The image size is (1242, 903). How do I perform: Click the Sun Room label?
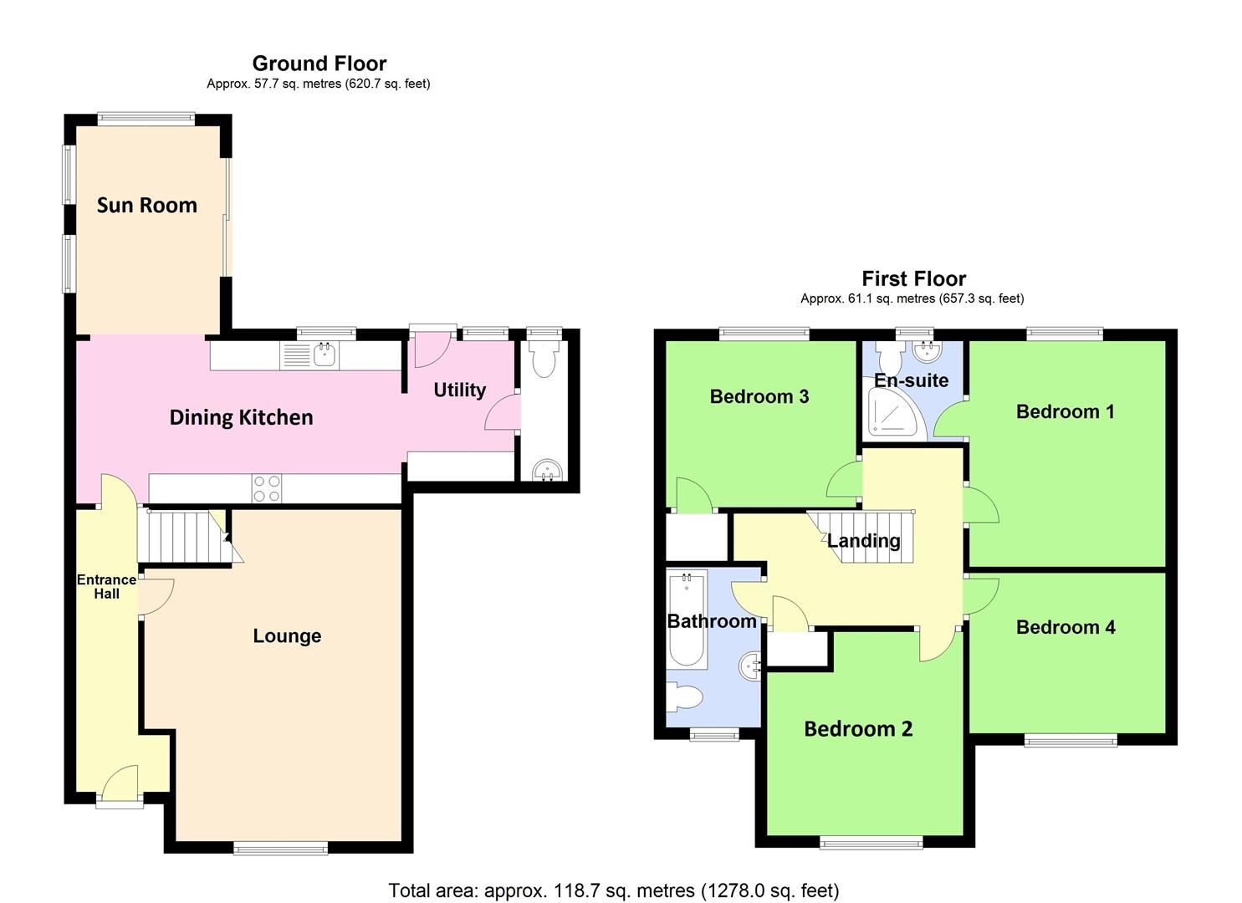(146, 205)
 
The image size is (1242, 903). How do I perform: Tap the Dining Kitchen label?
(241, 417)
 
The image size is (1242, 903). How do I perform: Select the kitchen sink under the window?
(325, 355)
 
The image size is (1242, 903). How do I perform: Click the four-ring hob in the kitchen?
(267, 488)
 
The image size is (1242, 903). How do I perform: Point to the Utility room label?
(459, 390)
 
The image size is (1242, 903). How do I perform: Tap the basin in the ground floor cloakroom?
(548, 469)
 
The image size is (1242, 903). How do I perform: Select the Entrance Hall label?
(106, 586)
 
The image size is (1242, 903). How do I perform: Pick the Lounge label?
(287, 636)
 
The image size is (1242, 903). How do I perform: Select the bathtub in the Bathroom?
(687, 619)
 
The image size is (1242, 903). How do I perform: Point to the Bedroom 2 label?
(857, 729)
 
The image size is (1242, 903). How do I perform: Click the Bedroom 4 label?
(1065, 627)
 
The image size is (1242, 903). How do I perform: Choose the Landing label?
(863, 541)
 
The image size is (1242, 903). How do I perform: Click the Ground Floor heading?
(319, 64)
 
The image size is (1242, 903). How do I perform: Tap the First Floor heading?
(913, 278)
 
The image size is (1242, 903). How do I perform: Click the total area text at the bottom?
(613, 890)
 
